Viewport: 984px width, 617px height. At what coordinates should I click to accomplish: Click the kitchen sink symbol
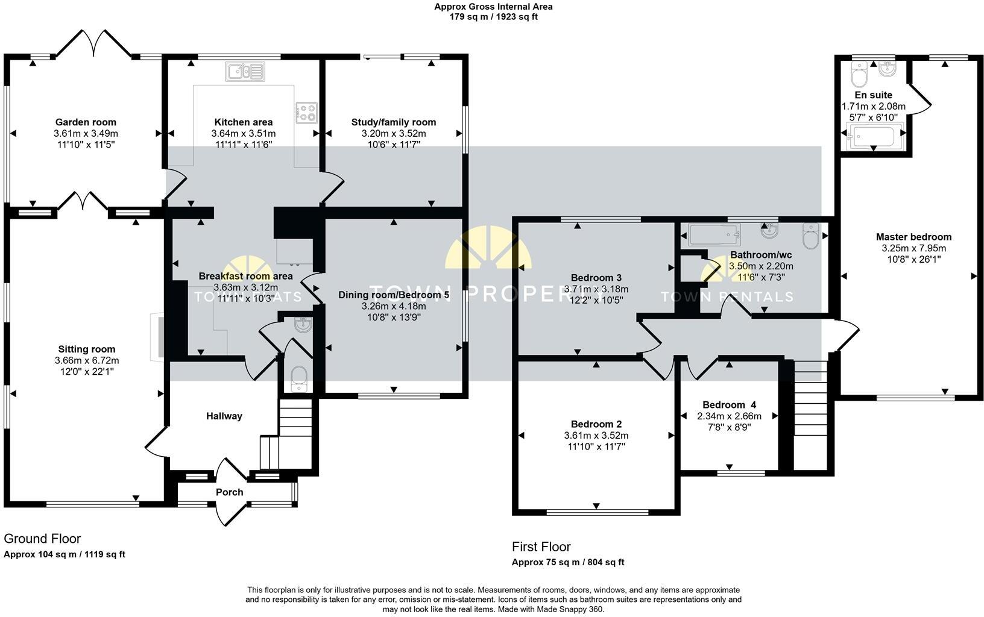[245, 72]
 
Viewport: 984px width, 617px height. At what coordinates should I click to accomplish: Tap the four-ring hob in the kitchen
[306, 111]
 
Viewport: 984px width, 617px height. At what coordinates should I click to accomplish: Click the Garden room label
[86, 122]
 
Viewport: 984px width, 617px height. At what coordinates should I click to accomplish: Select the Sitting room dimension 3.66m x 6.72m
[87, 361]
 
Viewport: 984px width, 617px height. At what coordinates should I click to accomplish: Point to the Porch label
[230, 492]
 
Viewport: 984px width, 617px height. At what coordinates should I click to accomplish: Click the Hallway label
[224, 416]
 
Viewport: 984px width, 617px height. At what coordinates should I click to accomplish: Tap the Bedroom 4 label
[729, 405]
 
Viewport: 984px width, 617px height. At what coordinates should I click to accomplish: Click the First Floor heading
[541, 547]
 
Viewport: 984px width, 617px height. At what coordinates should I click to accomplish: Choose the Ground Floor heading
[42, 539]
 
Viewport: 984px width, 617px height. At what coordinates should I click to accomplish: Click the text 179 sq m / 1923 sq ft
[493, 17]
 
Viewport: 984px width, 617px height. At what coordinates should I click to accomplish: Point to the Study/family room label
[394, 122]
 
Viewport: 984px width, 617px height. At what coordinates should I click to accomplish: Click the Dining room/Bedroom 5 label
[394, 295]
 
